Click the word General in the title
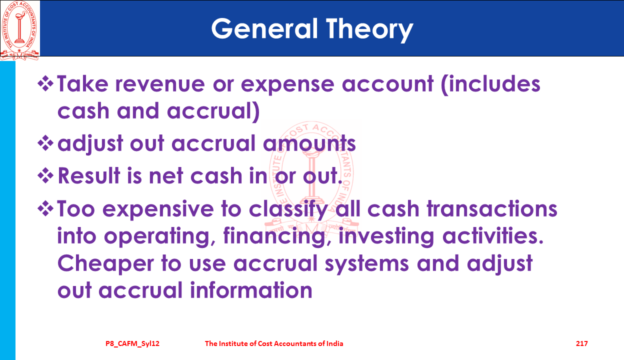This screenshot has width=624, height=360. point(264,28)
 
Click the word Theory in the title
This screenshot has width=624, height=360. point(369,30)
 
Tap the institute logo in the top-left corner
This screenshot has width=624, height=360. point(19,30)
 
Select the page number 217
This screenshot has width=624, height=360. point(581,343)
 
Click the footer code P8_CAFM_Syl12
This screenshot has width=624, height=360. point(132,344)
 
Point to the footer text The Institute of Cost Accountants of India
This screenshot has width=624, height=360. point(274,343)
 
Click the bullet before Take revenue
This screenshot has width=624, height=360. point(45,83)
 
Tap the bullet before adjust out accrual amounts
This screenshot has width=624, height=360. point(45,143)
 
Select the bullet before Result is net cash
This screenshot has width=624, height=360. point(45,176)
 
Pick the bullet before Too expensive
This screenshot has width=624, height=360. point(45,208)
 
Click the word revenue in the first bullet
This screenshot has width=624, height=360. point(160,84)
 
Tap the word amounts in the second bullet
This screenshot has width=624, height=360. point(309,143)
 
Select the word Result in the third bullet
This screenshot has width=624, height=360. point(89,175)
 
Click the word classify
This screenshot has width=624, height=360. point(288,210)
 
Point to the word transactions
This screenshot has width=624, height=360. point(492,209)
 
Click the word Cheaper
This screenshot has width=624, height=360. point(105,264)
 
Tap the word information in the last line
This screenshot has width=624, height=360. point(251,290)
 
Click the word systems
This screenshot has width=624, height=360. point(367,264)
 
